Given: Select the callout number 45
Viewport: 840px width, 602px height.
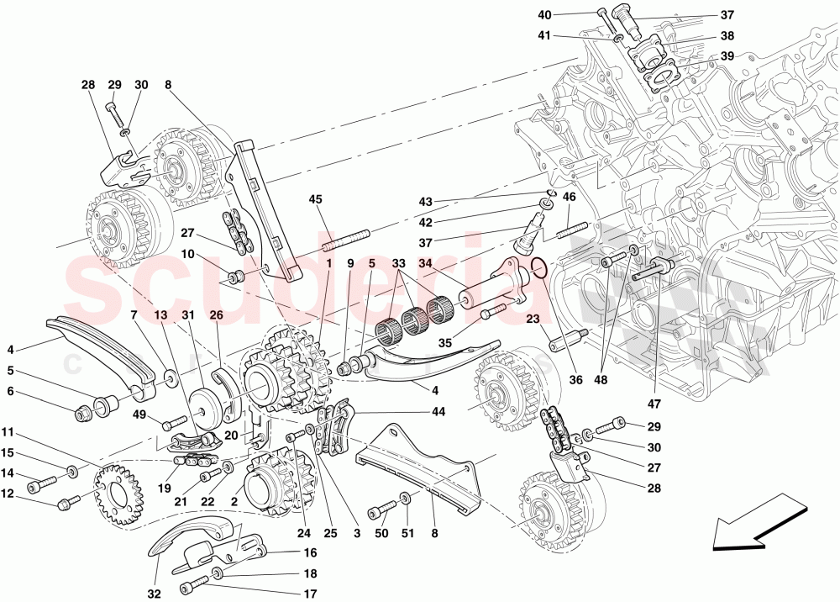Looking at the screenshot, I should click(316, 199).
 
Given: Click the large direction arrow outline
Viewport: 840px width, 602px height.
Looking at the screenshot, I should click(753, 533).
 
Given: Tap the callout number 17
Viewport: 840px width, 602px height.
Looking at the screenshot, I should click(311, 594).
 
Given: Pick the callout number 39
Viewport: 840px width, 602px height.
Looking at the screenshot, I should click(727, 56).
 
